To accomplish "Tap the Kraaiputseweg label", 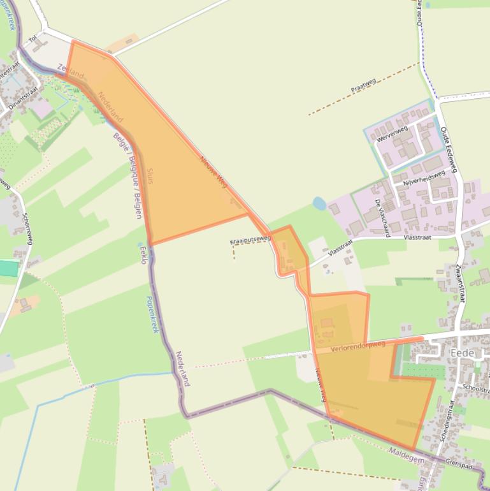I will pyautogui.click(x=250, y=240).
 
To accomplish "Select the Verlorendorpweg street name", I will pyautogui.click(x=359, y=345).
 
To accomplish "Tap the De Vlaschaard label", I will pyautogui.click(x=382, y=218).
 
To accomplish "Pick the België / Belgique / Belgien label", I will pyautogui.click(x=127, y=175).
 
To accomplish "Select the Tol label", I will pyautogui.click(x=33, y=40).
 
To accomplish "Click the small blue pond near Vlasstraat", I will pyautogui.click(x=319, y=203).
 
